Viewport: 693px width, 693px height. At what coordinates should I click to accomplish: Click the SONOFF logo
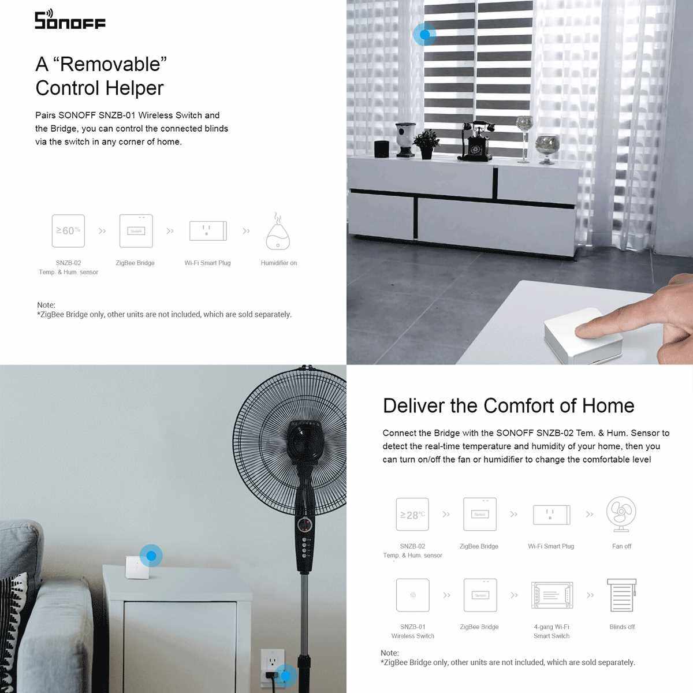(x=70, y=20)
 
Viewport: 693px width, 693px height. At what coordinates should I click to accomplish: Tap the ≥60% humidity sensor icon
(x=68, y=231)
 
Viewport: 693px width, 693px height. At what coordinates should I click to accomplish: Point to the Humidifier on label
(x=279, y=263)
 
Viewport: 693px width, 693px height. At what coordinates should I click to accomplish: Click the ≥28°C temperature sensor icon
(x=412, y=515)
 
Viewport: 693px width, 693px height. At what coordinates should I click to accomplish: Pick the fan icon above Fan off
(x=621, y=515)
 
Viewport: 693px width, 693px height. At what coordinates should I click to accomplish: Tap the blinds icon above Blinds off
(x=622, y=595)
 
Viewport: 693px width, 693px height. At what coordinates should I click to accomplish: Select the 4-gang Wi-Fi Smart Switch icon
(x=552, y=595)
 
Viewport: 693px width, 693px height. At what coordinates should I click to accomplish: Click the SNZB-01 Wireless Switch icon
(x=412, y=595)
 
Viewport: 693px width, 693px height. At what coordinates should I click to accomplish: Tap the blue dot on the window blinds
(x=424, y=35)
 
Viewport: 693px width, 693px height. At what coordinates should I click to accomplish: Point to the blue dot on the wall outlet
(x=286, y=676)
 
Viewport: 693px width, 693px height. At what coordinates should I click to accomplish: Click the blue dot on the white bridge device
(x=151, y=556)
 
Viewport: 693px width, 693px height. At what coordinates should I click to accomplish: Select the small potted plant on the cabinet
(x=426, y=144)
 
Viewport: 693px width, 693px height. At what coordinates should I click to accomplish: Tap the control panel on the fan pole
(x=305, y=539)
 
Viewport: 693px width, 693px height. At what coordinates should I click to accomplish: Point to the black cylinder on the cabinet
(x=382, y=149)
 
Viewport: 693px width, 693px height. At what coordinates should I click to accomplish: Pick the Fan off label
(x=621, y=546)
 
